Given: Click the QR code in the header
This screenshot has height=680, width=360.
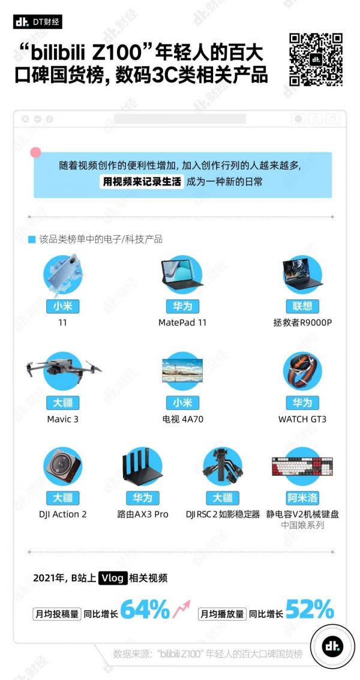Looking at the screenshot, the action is (316, 59).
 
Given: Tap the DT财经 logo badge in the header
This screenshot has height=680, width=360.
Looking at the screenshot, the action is (38, 22).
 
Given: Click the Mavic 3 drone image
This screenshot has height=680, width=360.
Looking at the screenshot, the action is (64, 370).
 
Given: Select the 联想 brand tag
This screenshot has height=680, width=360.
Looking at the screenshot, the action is (302, 306).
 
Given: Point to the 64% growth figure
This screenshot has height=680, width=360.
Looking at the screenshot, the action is (145, 610).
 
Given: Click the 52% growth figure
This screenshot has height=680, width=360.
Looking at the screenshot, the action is (310, 610).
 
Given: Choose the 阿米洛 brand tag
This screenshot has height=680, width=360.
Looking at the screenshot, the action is (302, 498).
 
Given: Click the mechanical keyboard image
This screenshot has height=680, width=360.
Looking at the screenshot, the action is (302, 466).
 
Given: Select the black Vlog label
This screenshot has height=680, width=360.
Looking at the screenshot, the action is (113, 578).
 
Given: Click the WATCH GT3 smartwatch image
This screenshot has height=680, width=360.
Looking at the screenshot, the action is (302, 372).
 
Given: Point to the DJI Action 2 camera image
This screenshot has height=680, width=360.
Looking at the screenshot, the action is (63, 466).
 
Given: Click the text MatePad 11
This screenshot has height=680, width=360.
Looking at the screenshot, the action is (182, 323).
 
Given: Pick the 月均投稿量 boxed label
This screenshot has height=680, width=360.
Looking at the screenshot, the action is (57, 614).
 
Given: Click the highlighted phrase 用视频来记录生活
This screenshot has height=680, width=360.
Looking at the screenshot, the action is (142, 182).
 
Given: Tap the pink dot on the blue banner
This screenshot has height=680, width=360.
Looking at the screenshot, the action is (35, 152).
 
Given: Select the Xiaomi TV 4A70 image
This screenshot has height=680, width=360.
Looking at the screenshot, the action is (182, 370).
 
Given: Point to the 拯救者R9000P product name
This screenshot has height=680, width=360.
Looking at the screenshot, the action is (302, 323).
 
